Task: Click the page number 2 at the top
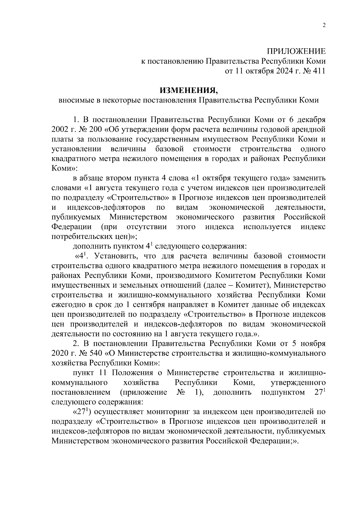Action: [x=324, y=25]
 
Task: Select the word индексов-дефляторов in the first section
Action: [x=106, y=207]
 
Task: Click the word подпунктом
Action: [x=283, y=392]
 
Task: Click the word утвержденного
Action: [x=298, y=382]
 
